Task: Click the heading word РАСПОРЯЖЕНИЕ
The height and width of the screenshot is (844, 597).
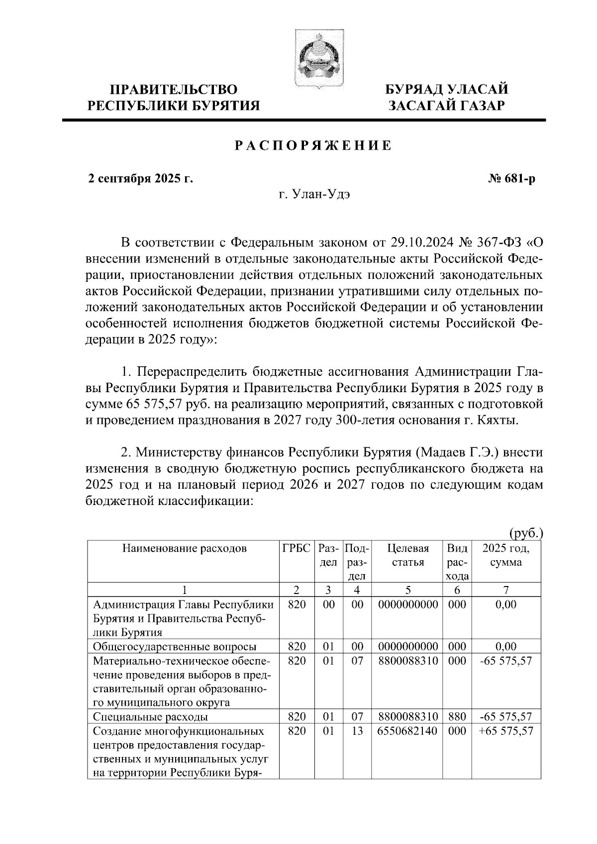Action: [313, 146]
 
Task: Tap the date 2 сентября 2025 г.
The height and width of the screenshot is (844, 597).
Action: [140, 179]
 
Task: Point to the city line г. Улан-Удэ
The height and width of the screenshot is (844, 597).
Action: [314, 194]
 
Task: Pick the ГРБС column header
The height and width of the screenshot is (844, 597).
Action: [297, 549]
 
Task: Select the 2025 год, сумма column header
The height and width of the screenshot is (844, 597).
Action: [505, 555]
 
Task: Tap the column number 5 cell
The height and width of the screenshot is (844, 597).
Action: [407, 590]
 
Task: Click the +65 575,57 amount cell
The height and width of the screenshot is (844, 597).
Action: [505, 731]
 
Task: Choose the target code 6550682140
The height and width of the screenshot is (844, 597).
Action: [407, 731]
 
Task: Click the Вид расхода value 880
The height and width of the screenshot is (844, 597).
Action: [457, 717]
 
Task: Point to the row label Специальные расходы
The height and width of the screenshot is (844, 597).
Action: [150, 717]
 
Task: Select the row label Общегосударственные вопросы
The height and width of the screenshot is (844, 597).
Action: [175, 647]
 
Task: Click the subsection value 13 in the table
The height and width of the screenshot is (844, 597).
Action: [357, 731]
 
